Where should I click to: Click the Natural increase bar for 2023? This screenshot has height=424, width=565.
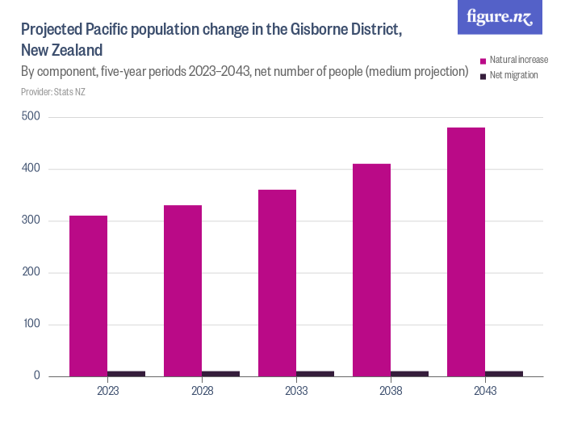[88, 296]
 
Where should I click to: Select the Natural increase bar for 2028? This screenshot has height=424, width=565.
[182, 291]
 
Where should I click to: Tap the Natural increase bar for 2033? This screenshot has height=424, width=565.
[277, 283]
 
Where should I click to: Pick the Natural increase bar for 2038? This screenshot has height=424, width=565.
[371, 270]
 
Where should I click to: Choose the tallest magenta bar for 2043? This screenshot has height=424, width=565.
[466, 252]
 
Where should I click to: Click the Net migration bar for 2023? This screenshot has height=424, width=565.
[126, 373]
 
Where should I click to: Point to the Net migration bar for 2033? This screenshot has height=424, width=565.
[315, 373]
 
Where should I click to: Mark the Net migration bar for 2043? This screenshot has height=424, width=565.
[504, 373]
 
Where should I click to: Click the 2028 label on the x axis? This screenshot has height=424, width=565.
[202, 391]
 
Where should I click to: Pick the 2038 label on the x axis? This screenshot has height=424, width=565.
[391, 391]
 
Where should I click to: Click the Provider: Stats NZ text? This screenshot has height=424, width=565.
[53, 92]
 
